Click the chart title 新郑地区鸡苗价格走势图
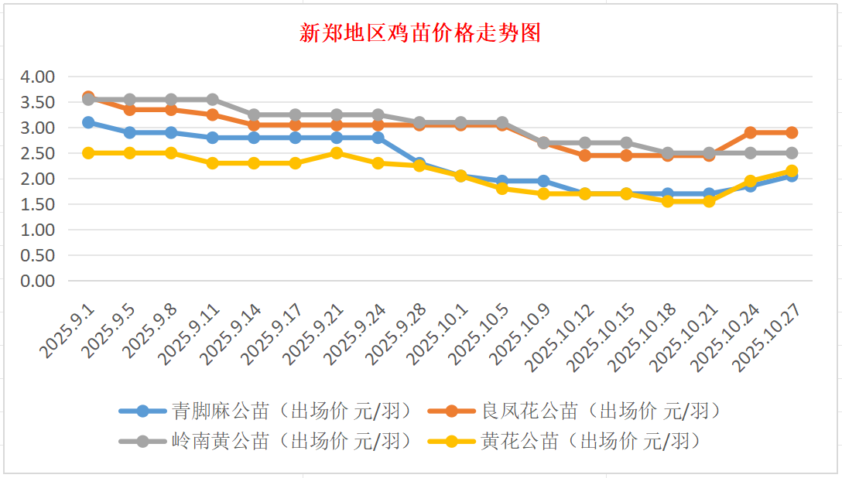pyautogui.click(x=420, y=33)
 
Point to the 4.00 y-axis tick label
pyautogui.click(x=38, y=77)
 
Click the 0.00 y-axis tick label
pyautogui.click(x=38, y=281)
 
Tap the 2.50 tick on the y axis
pyautogui.click(x=38, y=153)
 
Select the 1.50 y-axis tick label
pyautogui.click(x=38, y=204)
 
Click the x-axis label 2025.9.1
pyautogui.click(x=69, y=331)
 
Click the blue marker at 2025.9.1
pyautogui.click(x=88, y=122)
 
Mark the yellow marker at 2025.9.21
pyautogui.click(x=337, y=153)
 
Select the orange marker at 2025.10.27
pyautogui.click(x=792, y=132)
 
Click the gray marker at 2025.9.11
pyautogui.click(x=212, y=100)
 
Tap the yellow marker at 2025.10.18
pyautogui.click(x=667, y=201)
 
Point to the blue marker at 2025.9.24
pyautogui.click(x=378, y=138)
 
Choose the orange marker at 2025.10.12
pyautogui.click(x=585, y=155)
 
